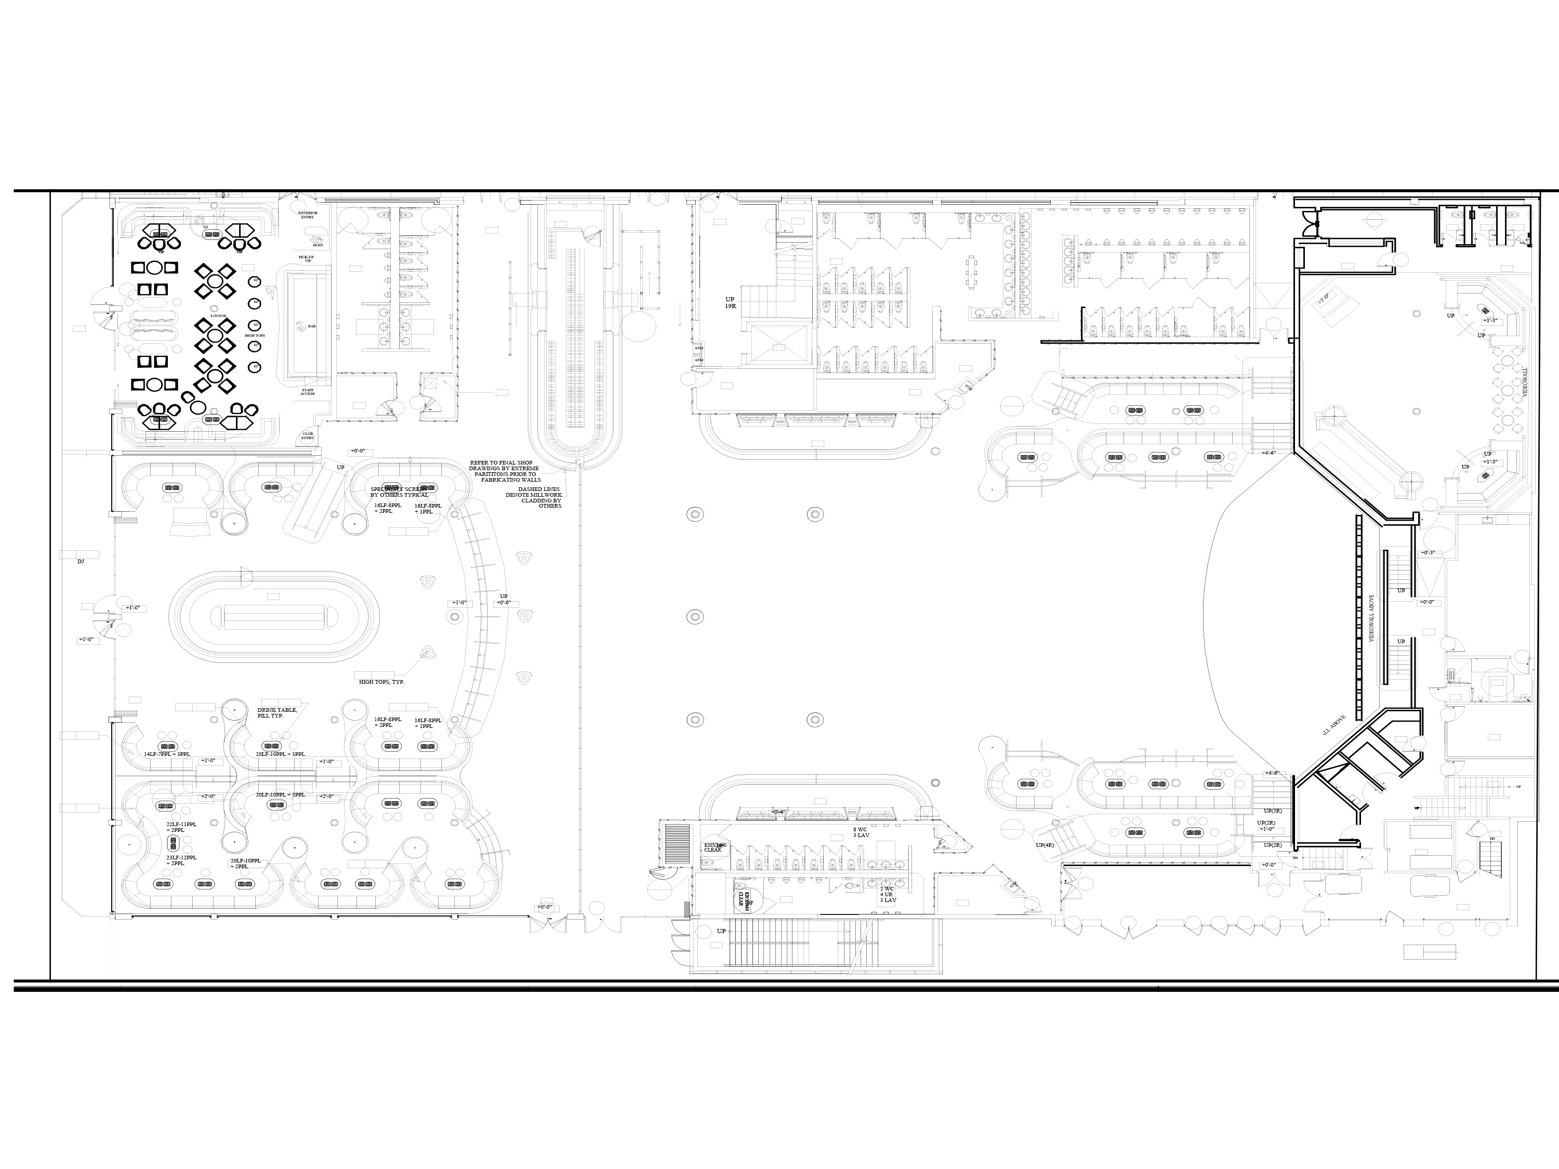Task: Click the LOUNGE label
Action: point(218,316)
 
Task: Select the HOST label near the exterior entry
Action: point(318,245)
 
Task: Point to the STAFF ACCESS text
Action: point(308,392)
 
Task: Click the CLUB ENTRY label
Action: point(308,436)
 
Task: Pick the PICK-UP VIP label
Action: point(306,259)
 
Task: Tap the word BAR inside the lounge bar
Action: point(311,326)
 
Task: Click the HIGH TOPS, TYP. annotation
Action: point(381,682)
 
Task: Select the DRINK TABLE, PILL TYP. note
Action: point(277,712)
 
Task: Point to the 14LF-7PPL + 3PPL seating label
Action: point(167,754)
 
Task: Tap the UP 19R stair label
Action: point(730,303)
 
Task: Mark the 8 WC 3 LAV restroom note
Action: point(861,832)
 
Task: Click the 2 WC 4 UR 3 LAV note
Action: point(888,894)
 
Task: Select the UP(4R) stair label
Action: point(1045,845)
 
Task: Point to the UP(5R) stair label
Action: point(1272,811)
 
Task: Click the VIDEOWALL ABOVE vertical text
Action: point(1371,617)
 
